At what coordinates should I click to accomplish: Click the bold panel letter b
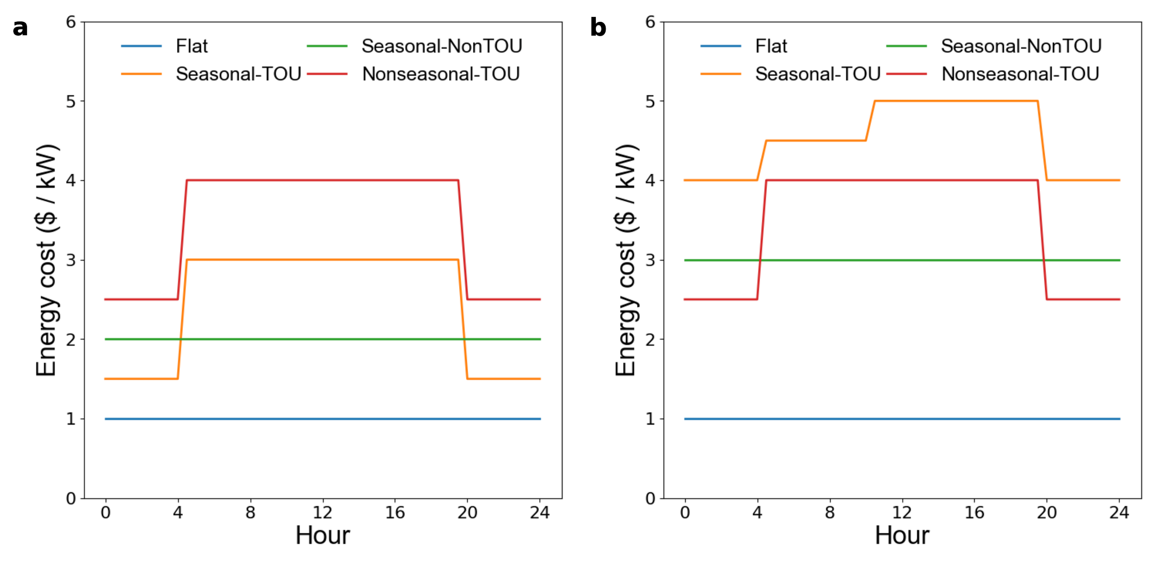598,28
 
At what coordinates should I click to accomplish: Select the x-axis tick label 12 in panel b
902,513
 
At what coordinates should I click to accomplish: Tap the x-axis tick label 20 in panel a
467,513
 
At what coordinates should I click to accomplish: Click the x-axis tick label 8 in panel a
250,513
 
